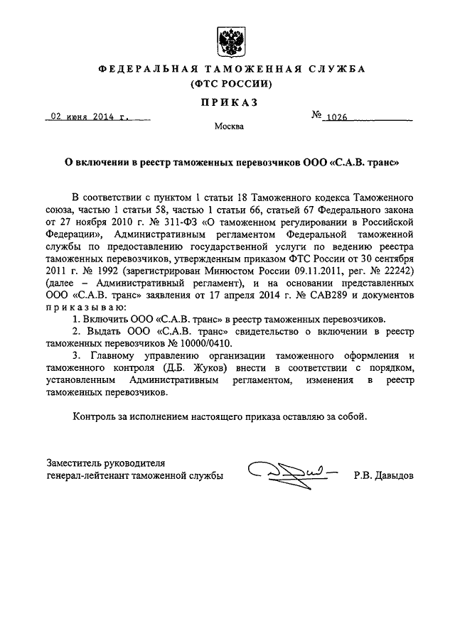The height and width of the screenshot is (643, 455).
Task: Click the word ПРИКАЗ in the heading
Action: pyautogui.click(x=229, y=102)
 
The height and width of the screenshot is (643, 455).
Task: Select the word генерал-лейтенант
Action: pyautogui.click(x=88, y=476)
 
